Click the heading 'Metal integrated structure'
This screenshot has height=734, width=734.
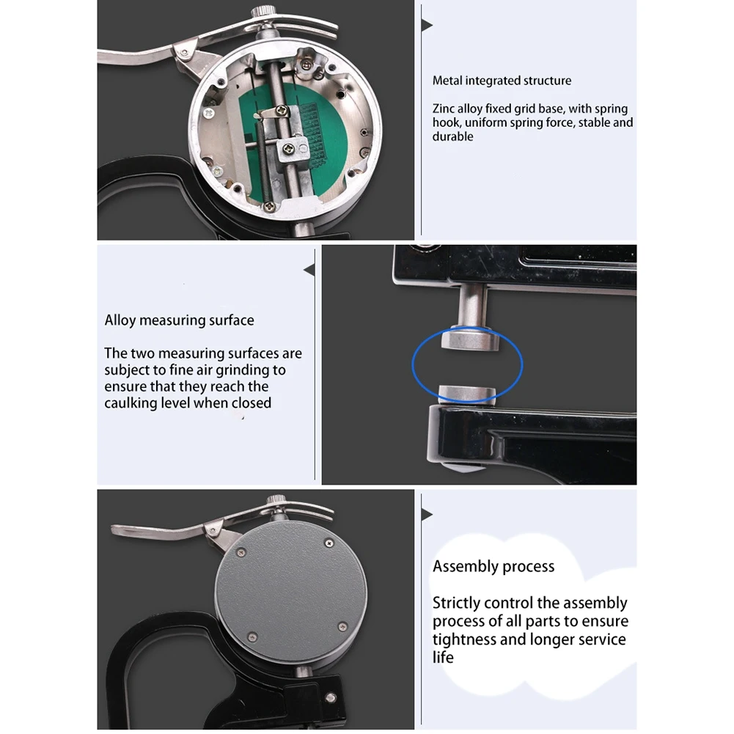tap(502, 81)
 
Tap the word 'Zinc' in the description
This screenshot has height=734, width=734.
tap(444, 109)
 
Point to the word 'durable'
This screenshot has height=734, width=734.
tap(452, 136)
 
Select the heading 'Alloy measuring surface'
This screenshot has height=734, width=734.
tap(179, 320)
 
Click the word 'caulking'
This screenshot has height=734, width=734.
tap(129, 403)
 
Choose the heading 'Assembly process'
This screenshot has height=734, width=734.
tap(493, 566)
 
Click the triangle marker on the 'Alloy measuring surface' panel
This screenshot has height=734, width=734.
tap(309, 271)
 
